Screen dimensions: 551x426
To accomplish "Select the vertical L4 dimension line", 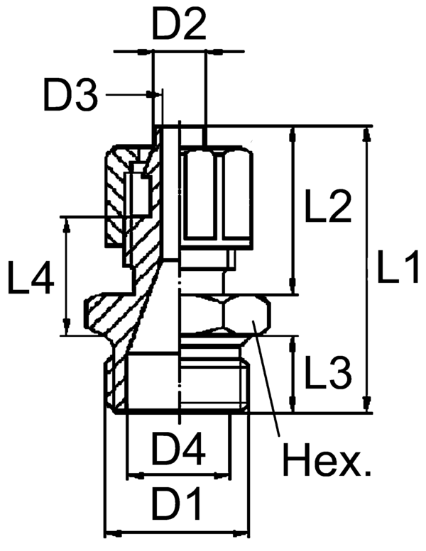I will [67, 277].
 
